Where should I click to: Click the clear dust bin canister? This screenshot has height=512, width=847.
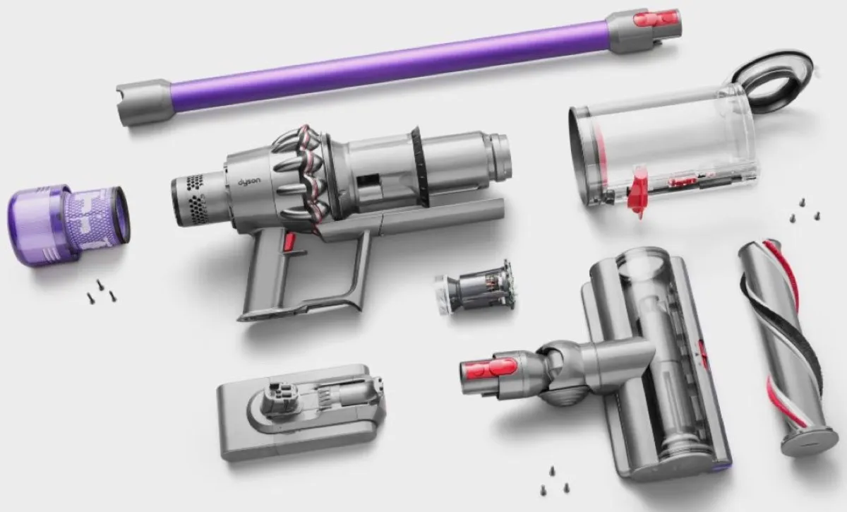663,152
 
